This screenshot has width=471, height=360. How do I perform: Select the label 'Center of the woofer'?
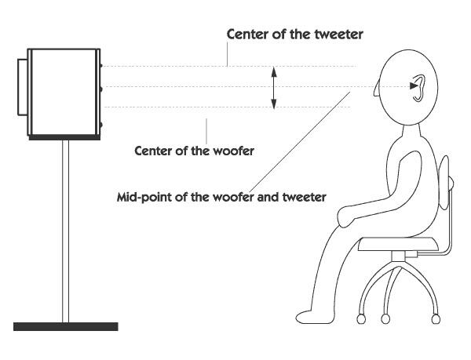tap(195, 151)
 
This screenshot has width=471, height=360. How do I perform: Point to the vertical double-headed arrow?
tap(274, 87)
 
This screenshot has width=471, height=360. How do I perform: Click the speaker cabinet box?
tap(64, 93)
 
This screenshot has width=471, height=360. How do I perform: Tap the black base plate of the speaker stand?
tap(65, 325)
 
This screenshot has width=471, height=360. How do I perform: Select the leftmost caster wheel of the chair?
tap(361, 318)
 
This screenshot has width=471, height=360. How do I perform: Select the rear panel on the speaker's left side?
tap(21, 88)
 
